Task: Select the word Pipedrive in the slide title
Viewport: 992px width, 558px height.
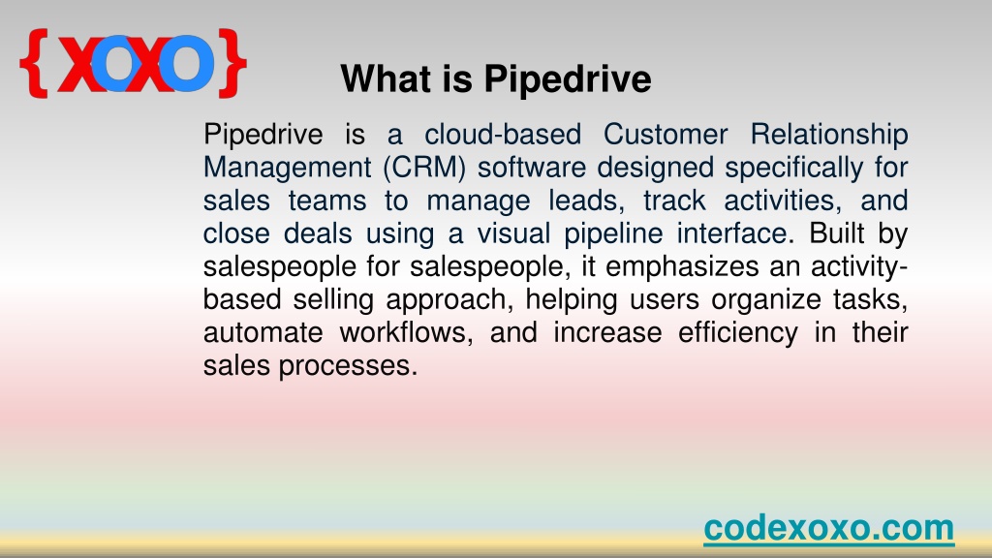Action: click(568, 79)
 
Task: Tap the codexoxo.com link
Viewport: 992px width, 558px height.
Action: click(829, 528)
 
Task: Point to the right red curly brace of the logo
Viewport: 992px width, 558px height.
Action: click(232, 63)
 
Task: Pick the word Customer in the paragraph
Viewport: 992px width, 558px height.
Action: click(666, 134)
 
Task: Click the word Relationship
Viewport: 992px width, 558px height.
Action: click(829, 134)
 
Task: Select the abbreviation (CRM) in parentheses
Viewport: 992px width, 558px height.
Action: click(424, 168)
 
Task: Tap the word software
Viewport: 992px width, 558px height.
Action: click(532, 168)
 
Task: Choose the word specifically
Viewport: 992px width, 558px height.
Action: click(793, 168)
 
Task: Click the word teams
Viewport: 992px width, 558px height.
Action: click(327, 201)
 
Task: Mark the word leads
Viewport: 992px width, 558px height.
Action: click(586, 201)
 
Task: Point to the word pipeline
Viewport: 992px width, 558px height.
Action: click(613, 234)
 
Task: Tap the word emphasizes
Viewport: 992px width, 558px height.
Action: click(682, 266)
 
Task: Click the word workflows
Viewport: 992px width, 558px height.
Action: click(406, 333)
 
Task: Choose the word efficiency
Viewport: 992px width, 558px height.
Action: click(737, 333)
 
